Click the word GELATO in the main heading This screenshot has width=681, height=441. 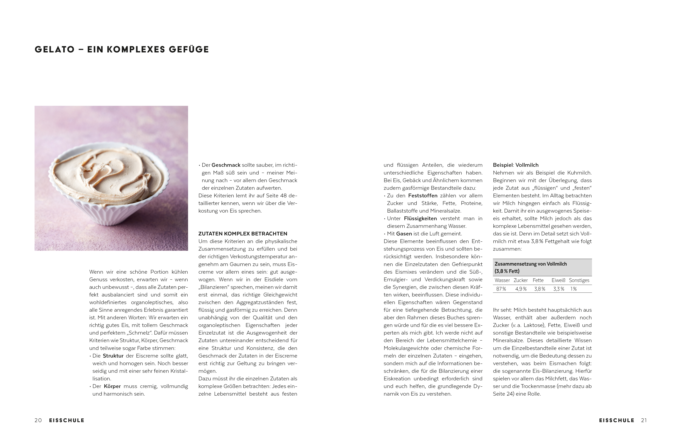55,49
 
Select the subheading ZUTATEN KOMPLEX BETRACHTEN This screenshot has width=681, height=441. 243,234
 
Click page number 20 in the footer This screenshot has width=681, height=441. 38,420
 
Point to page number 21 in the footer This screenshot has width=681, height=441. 644,420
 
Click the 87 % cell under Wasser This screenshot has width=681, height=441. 501,289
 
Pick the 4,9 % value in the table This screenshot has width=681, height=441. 521,289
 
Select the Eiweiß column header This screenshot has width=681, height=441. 558,280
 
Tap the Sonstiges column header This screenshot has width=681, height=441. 579,280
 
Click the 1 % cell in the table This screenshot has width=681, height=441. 573,289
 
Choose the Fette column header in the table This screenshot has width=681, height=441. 538,280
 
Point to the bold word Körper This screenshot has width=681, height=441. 112,386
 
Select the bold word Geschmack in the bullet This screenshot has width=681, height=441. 226,165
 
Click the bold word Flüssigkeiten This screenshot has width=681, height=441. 420,218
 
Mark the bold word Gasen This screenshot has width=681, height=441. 404,234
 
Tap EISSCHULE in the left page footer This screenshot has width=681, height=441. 67,420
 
